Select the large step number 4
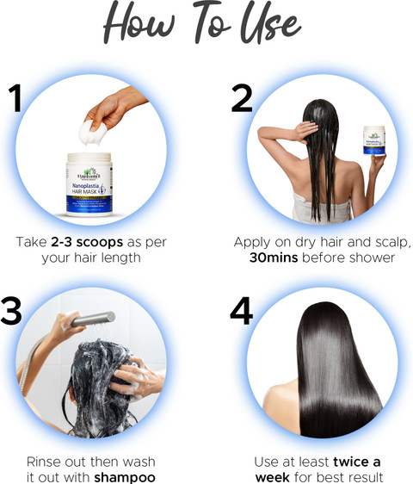(242, 311)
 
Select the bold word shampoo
(125, 477)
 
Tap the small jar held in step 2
(374, 142)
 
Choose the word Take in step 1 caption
(31, 242)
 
